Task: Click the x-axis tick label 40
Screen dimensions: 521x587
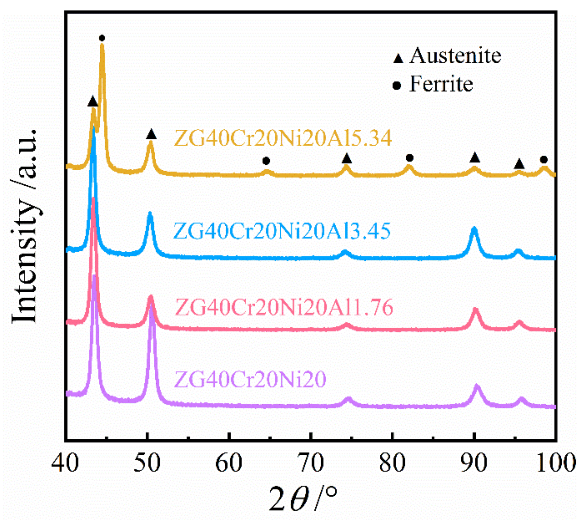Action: [x=65, y=463]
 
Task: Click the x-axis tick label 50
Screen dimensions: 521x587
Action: [x=147, y=463]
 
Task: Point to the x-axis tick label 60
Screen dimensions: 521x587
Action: [x=229, y=463]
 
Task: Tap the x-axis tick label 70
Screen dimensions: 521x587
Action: [x=311, y=463]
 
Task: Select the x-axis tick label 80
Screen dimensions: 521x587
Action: [x=392, y=463]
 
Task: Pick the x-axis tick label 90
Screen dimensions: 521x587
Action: [x=474, y=463]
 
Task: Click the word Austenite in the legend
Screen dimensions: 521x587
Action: [x=455, y=56]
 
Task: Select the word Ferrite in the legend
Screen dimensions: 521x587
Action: [x=441, y=84]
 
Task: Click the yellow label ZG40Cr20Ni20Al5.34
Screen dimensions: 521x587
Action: [x=283, y=138]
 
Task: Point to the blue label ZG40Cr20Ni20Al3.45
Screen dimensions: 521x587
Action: [x=282, y=231]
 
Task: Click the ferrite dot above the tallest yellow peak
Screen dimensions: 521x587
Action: [x=102, y=38]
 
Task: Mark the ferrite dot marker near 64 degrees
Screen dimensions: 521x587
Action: [x=266, y=161]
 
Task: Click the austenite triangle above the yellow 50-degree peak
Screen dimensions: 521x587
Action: [x=151, y=134]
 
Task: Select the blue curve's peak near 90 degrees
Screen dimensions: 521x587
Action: [x=474, y=229]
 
